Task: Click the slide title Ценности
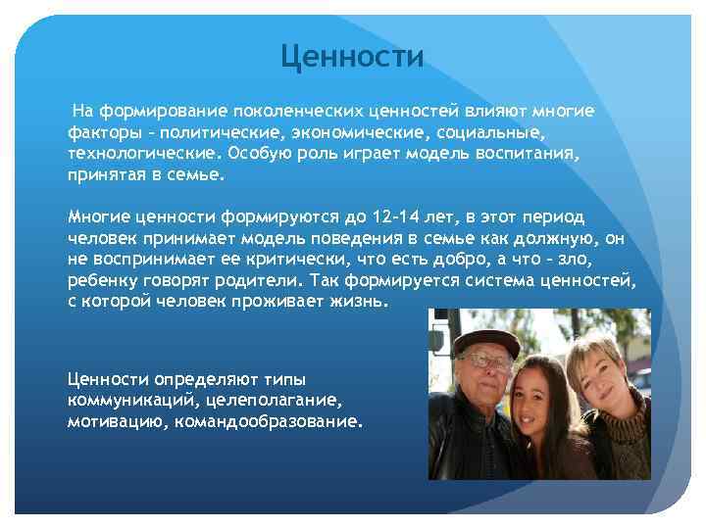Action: pyautogui.click(x=352, y=57)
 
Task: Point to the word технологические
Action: pyautogui.click(x=141, y=153)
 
